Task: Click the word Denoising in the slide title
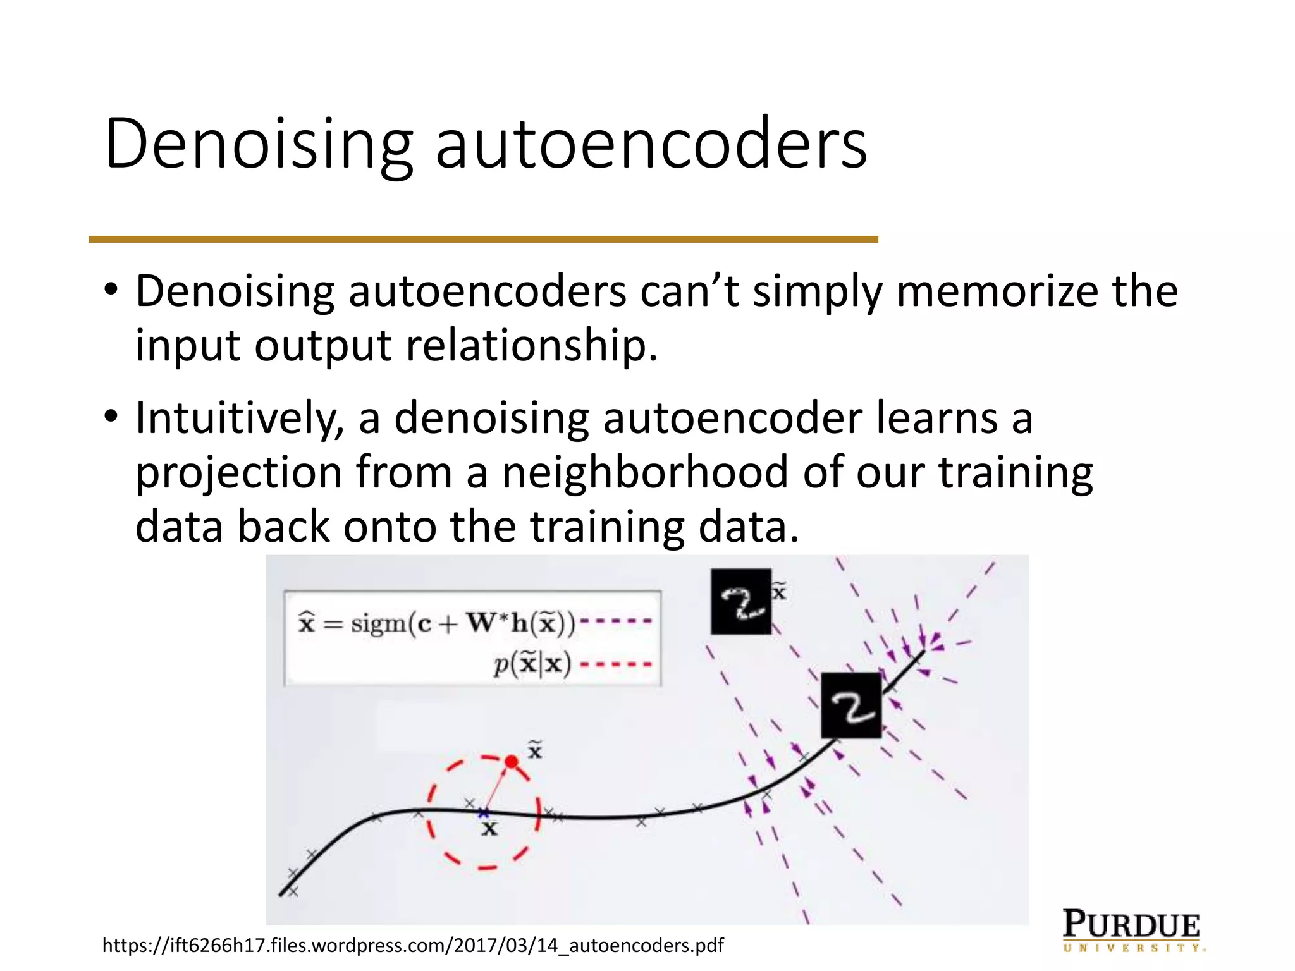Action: pos(259,144)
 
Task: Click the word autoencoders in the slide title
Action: pos(651,144)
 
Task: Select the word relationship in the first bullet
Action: pos(531,346)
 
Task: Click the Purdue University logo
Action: pos(1132,930)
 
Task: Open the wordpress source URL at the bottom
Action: pos(413,946)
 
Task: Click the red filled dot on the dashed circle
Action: pos(512,762)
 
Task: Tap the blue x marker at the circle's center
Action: pos(484,812)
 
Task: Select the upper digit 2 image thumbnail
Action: pos(740,601)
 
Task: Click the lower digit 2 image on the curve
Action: pos(851,705)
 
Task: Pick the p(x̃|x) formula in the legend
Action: pos(532,664)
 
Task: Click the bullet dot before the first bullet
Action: pos(112,291)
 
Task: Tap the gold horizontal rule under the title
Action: pos(483,240)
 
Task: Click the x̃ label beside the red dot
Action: pos(535,750)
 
